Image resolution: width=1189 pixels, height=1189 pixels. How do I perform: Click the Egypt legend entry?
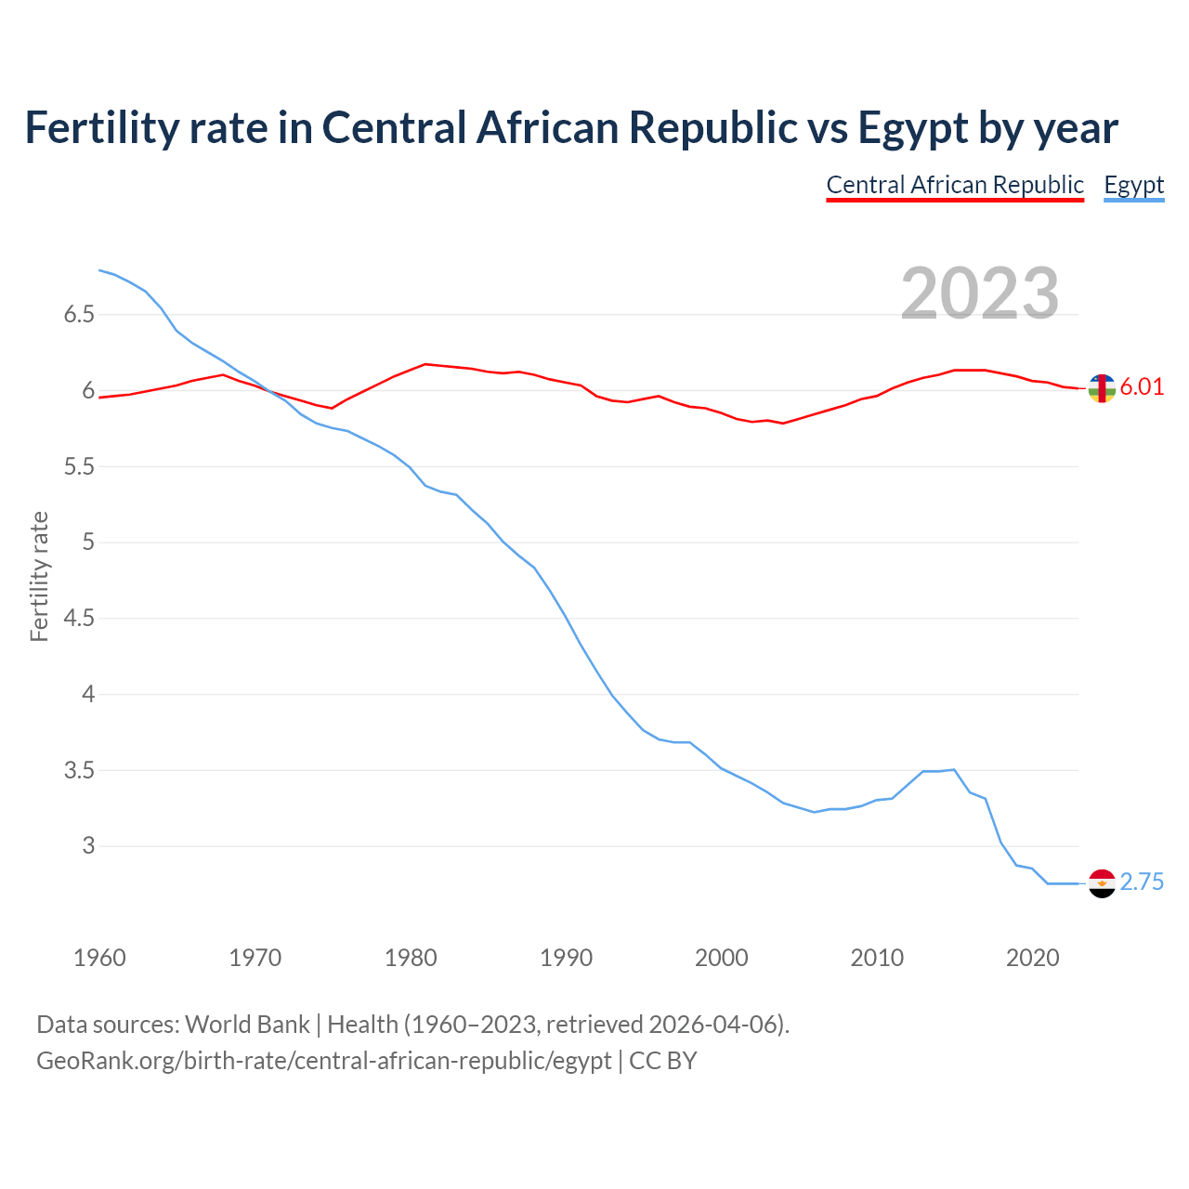click(x=1133, y=185)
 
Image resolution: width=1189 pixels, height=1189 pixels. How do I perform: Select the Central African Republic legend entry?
click(x=955, y=185)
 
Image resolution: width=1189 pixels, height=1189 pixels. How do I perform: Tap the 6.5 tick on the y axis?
click(x=79, y=315)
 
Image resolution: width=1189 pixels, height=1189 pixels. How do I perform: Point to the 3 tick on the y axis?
click(x=88, y=846)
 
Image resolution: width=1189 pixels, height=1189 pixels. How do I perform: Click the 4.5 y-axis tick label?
click(x=79, y=619)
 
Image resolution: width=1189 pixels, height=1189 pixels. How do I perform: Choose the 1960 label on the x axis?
click(x=99, y=958)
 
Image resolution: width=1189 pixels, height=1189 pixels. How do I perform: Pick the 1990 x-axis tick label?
click(x=566, y=958)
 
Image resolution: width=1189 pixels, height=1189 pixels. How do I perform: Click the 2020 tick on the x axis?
click(x=1032, y=958)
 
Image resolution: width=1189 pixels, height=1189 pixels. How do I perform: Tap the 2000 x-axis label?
click(x=721, y=958)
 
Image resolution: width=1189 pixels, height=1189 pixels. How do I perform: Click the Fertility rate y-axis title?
click(x=39, y=576)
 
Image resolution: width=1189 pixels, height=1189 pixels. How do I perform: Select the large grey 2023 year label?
click(x=980, y=294)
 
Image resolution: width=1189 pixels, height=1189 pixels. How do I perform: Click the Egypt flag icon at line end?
click(x=1101, y=882)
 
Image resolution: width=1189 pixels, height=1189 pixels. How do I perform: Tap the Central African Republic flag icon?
click(x=1101, y=388)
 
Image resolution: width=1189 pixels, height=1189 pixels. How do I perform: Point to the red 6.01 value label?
click(x=1142, y=387)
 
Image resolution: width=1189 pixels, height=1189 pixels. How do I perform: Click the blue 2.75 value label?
click(x=1142, y=882)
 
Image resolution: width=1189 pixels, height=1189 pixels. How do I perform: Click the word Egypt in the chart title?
click(x=913, y=128)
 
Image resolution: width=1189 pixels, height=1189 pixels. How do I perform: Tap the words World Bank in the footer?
click(x=247, y=1025)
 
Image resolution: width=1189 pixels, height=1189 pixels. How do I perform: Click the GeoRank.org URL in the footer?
click(x=323, y=1061)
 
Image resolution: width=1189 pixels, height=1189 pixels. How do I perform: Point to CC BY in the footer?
click(x=663, y=1061)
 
